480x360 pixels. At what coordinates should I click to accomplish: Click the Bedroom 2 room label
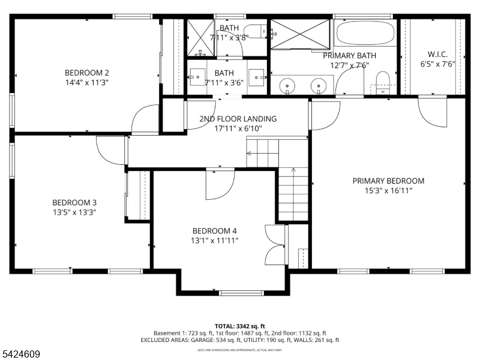(x=86, y=73)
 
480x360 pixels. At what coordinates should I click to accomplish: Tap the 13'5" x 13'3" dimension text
(x=74, y=212)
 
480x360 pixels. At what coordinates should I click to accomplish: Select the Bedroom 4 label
(x=214, y=231)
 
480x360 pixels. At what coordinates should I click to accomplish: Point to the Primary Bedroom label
(x=388, y=181)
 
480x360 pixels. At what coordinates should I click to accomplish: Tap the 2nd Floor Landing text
(x=238, y=119)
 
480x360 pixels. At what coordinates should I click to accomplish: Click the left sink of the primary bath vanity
(x=287, y=86)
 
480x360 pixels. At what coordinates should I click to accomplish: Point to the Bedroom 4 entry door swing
(x=216, y=185)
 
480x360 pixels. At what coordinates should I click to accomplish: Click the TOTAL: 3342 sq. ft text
(x=240, y=325)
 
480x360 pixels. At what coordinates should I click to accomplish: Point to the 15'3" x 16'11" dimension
(x=388, y=190)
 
